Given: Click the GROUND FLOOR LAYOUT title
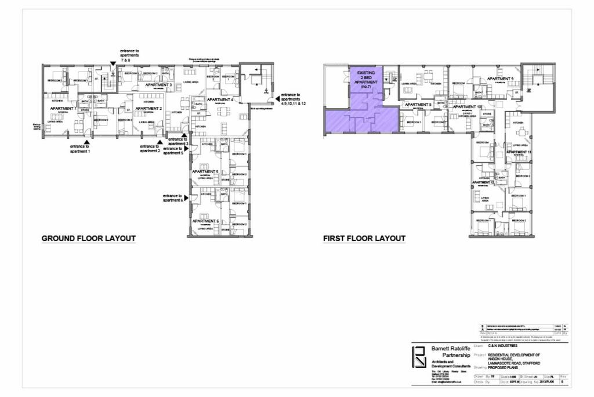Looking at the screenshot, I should pyautogui.click(x=88, y=238).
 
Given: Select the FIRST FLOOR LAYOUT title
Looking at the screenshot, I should pyautogui.click(x=364, y=238).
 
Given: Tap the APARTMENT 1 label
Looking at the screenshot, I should pyautogui.click(x=63, y=109).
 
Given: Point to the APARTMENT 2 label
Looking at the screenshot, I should pyautogui.click(x=148, y=108).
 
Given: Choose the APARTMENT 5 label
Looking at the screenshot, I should pyautogui.click(x=205, y=172).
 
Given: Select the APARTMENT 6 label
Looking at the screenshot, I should pyautogui.click(x=205, y=221).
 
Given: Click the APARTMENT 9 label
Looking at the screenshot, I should pyautogui.click(x=500, y=78).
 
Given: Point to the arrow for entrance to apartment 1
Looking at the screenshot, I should pyautogui.click(x=86, y=141).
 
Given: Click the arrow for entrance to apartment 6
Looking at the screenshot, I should pyautogui.click(x=187, y=198).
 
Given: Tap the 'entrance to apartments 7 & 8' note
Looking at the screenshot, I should pyautogui.click(x=129, y=56).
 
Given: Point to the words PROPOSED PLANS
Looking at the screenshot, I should pyautogui.click(x=505, y=367).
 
